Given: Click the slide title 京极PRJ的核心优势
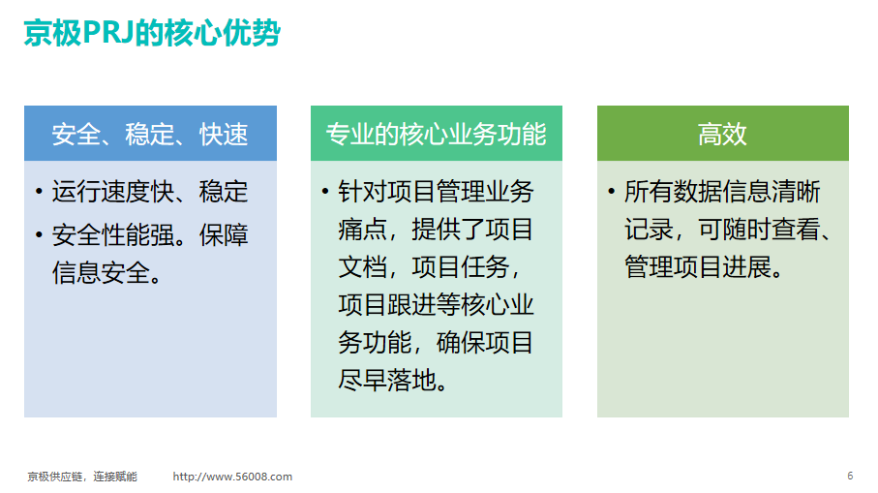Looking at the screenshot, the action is click(x=152, y=33).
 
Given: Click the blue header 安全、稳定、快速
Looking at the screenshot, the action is click(x=150, y=135).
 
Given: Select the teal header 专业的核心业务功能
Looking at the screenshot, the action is click(x=437, y=135).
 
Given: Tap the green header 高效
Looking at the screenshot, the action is click(x=722, y=135).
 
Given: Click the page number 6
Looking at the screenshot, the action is click(x=850, y=476).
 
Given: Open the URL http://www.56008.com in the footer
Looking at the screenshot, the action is click(x=232, y=477).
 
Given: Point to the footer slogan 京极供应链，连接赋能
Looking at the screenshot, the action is click(x=82, y=477).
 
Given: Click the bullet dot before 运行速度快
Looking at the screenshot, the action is click(x=39, y=192).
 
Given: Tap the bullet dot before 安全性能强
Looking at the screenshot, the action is click(x=39, y=235).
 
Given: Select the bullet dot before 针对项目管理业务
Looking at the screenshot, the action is click(x=324, y=192).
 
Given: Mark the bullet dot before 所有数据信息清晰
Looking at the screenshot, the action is click(x=611, y=192).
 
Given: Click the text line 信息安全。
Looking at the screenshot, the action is click(x=106, y=273).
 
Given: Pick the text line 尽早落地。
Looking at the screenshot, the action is click(x=392, y=381).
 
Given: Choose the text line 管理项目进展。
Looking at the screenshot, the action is click(x=704, y=266).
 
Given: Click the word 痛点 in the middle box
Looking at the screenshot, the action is click(x=363, y=230).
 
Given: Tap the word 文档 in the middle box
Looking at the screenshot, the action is click(x=363, y=266).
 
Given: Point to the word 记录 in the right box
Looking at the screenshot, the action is click(x=649, y=230).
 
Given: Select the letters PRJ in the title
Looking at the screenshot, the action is click(x=108, y=33).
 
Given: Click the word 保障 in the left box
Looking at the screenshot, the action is click(x=224, y=235).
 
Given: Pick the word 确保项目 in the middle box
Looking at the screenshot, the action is click(x=484, y=342).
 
